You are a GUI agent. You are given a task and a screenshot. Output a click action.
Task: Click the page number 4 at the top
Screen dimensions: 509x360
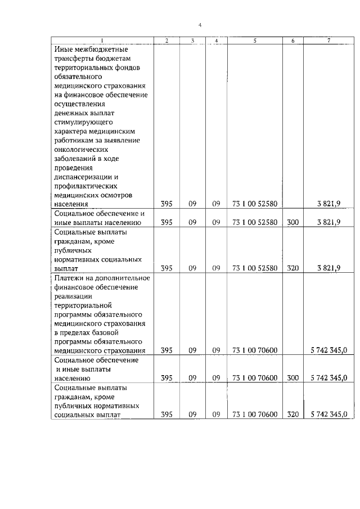[200, 25]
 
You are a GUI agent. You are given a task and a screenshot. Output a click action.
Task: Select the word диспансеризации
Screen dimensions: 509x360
[82, 177]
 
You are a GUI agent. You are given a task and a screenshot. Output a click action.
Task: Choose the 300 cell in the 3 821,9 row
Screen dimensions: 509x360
[292, 222]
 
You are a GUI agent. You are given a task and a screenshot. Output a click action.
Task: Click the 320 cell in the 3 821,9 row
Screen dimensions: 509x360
[292, 268]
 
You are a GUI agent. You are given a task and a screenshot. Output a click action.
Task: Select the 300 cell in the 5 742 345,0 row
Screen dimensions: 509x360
[292, 378]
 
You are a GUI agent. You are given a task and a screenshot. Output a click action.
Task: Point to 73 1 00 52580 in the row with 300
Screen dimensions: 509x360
[255, 222]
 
